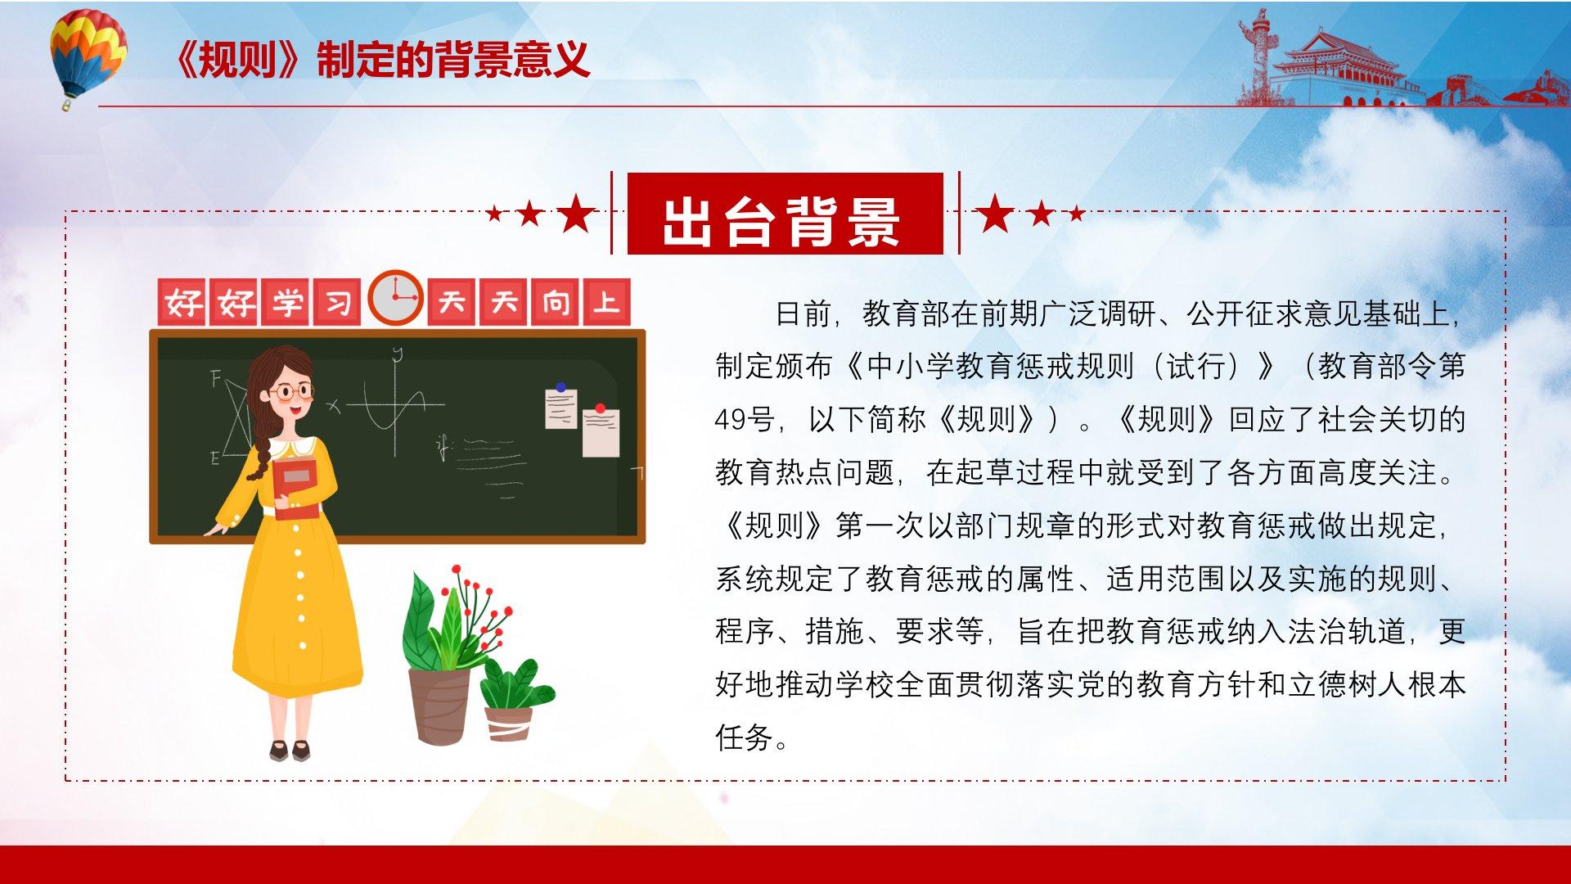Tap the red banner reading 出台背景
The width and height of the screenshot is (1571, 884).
785,214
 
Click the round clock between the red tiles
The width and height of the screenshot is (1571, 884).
395,297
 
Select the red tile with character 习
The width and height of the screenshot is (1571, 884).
337,303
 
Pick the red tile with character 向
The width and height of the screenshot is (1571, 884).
555,303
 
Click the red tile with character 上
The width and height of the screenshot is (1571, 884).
606,302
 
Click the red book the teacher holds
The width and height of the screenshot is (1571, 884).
296,489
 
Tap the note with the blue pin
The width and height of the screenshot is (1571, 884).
561,406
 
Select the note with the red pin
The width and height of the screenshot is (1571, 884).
601,431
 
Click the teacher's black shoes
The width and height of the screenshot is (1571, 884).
290,750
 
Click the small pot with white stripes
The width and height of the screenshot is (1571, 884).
509,723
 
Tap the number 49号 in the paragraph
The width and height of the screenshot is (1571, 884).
745,419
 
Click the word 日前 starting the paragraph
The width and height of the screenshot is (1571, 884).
804,313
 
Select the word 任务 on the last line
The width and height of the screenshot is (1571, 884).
745,737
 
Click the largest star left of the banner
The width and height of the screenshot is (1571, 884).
576,213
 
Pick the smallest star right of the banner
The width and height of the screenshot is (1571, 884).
1077,214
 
